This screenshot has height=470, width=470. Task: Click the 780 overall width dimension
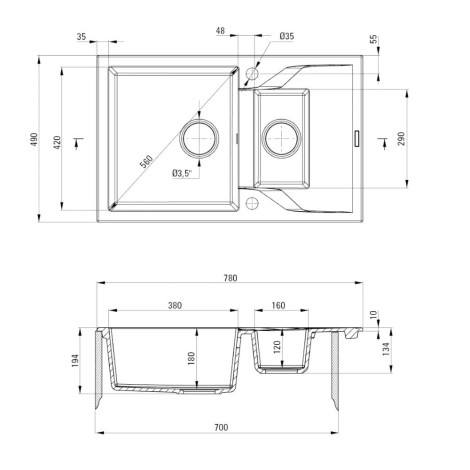tap(230, 278)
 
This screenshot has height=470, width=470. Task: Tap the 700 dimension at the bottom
tap(221, 427)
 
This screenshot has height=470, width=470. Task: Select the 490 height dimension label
tap(34, 139)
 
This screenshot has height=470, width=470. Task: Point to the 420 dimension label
tap(58, 142)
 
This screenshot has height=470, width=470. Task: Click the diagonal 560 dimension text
tap(146, 162)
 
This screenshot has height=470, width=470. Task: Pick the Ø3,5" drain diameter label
tap(183, 173)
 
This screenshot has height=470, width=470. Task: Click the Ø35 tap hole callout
tap(287, 36)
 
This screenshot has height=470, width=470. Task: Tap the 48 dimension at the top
tap(220, 31)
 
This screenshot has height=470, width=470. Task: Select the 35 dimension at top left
tap(81, 37)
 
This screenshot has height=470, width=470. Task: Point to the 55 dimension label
tap(374, 39)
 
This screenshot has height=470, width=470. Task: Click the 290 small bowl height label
tap(401, 139)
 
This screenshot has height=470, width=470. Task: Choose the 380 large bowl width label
tap(175, 305)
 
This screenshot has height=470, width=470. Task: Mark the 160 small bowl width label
tap(278, 305)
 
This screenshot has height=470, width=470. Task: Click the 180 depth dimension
tap(191, 358)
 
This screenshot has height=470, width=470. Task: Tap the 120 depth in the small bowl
tap(277, 347)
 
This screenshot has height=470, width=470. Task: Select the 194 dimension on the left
tap(75, 361)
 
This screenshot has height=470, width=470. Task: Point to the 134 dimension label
tap(386, 349)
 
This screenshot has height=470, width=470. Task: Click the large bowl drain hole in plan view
tap(199, 138)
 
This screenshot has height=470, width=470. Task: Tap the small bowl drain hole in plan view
tap(282, 138)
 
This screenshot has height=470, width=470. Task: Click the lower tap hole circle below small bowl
tap(252, 203)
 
